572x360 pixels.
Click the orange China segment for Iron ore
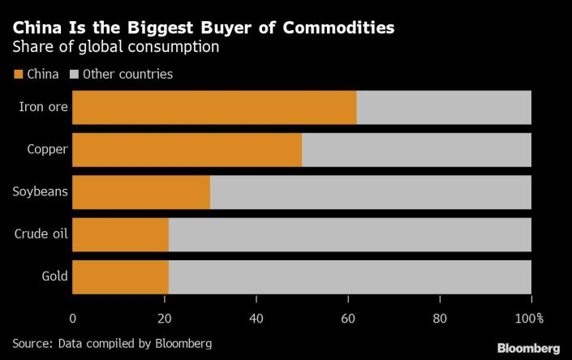[214, 107]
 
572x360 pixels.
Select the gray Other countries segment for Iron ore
[444, 107]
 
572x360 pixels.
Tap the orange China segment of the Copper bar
[187, 149]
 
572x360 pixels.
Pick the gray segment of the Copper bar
[416, 149]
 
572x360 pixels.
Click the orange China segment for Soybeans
[141, 192]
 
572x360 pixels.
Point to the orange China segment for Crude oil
[121, 235]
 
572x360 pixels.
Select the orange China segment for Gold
[121, 277]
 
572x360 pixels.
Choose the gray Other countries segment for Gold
[350, 277]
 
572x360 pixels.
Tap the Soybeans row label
[41, 192]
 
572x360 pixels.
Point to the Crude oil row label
[41, 235]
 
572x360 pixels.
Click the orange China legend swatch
[19, 75]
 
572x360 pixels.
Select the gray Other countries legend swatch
[74, 75]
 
